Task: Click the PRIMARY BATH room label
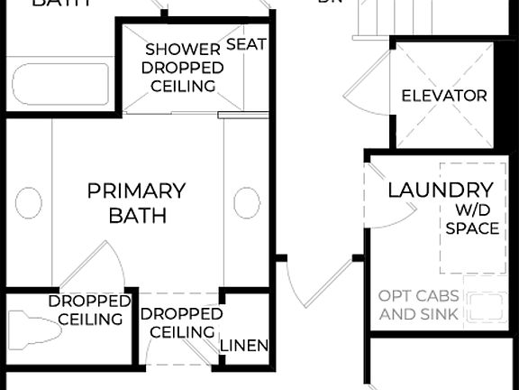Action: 136,203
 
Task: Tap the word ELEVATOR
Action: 443,96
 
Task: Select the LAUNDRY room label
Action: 441,190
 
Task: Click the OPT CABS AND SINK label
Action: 418,305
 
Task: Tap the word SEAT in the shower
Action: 246,44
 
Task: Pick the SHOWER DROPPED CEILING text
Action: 183,68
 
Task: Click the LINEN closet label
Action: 244,345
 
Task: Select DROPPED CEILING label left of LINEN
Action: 181,322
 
